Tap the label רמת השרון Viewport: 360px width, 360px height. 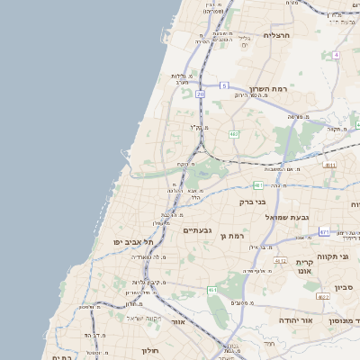coord(266,91)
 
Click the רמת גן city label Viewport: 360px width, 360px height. coord(231,235)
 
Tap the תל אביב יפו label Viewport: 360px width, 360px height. coord(133,242)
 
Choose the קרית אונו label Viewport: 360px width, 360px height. coord(304,267)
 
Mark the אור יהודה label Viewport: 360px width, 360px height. coord(294,319)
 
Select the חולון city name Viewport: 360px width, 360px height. coord(149,350)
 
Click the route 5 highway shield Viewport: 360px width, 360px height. coord(223,85)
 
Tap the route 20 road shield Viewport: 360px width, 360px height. coord(200,93)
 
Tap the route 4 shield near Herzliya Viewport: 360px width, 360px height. coord(336,55)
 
